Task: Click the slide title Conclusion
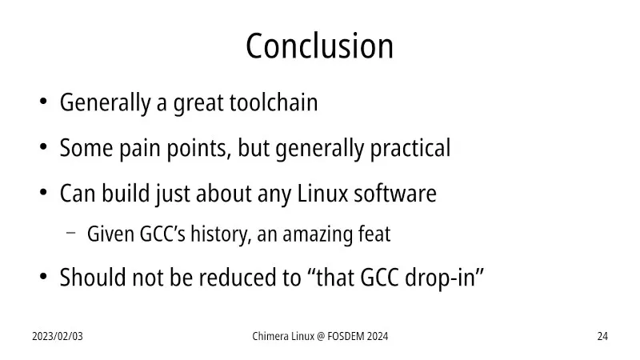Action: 319,46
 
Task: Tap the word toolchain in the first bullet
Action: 274,102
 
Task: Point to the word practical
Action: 410,149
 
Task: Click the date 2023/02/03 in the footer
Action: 58,336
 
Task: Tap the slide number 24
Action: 602,336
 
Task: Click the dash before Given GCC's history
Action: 70,233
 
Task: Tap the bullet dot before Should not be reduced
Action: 43,277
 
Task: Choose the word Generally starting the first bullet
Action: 106,103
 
